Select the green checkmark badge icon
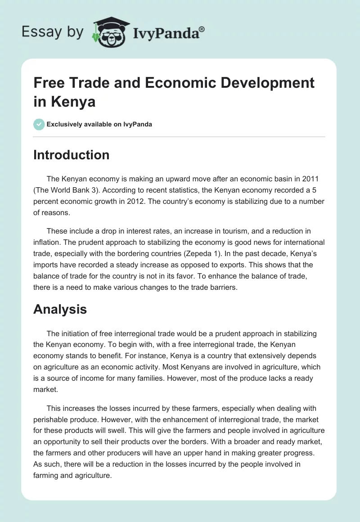(x=39, y=124)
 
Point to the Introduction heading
(x=71, y=155)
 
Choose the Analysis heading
(x=60, y=309)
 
